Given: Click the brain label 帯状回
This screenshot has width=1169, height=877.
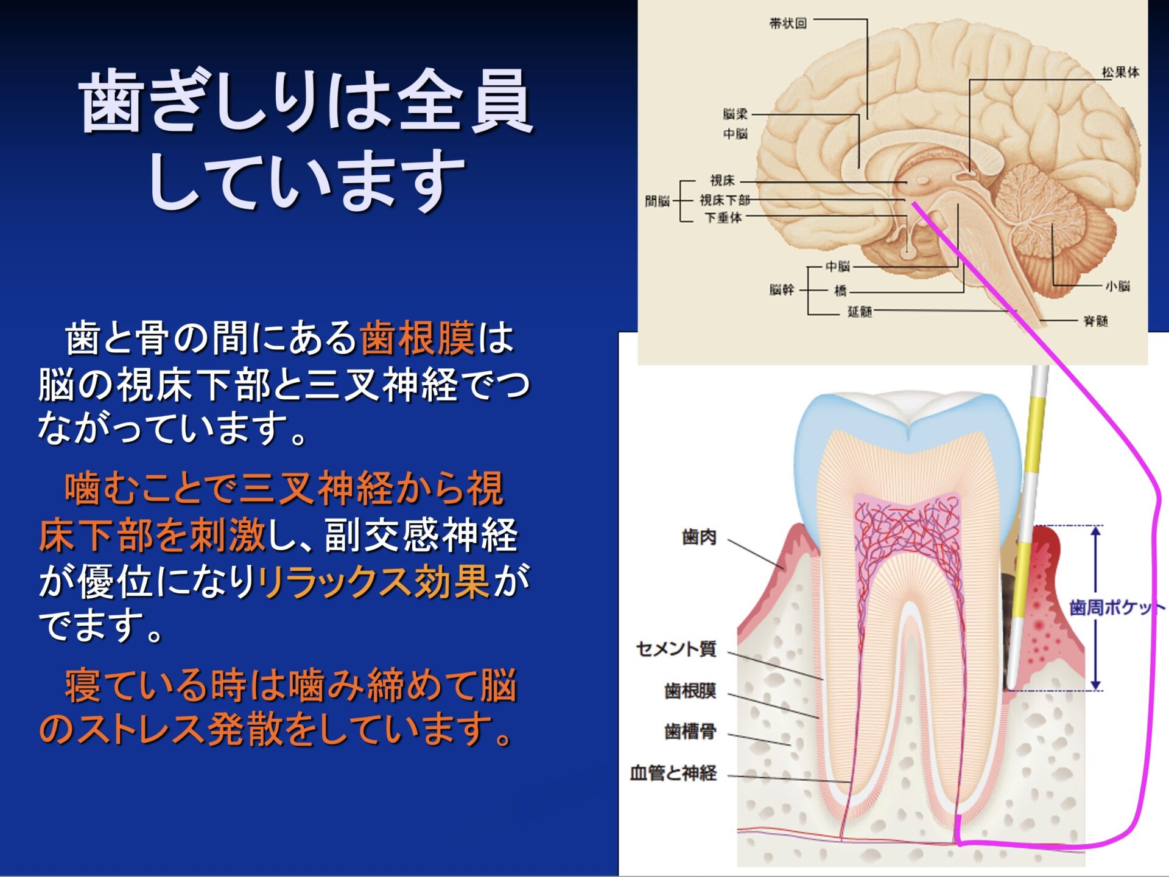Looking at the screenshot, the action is tap(788, 23).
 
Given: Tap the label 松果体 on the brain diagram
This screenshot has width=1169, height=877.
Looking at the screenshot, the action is tap(1120, 72).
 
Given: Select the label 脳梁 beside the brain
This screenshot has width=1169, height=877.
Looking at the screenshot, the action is tap(735, 114).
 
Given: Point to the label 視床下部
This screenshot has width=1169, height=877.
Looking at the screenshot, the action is tap(725, 200).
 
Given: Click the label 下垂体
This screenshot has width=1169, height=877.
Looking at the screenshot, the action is tap(723, 217).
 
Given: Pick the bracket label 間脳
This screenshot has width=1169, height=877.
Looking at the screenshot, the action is tap(657, 201).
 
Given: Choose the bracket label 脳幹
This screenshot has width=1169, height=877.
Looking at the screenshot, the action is tap(782, 290).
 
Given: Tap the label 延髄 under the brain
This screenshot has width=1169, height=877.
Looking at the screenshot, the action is tap(860, 312).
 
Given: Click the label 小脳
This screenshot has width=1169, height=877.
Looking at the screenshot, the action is tap(1118, 286).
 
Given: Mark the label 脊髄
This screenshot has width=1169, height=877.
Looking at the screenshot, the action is tap(1096, 321).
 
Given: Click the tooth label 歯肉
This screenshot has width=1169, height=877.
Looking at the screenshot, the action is tap(699, 537).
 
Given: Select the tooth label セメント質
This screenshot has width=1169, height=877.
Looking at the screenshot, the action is tap(676, 649).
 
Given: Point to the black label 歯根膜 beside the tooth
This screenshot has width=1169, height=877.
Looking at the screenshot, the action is tap(690, 691).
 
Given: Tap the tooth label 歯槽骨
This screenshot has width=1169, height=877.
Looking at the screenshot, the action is tap(690, 731).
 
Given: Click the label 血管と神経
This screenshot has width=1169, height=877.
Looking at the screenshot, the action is tap(673, 773).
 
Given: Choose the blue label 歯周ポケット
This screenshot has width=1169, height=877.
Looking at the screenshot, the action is tap(1117, 607).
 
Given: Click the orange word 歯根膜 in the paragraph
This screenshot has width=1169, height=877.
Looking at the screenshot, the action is tap(417, 338).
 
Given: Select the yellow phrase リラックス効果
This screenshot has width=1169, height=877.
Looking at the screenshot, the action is tap(373, 581).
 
